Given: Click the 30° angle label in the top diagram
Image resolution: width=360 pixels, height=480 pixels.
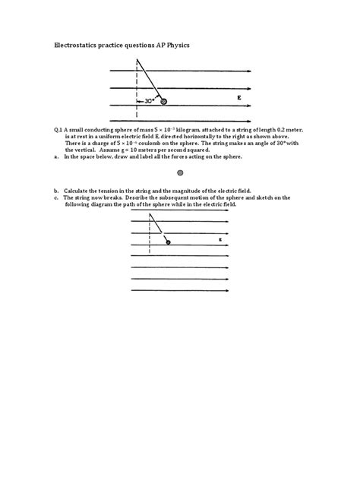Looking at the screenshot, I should coord(144,99).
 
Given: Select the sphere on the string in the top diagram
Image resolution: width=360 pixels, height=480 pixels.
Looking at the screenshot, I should coord(163,99).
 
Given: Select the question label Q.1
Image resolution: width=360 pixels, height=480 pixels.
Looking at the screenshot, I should coord(58,131).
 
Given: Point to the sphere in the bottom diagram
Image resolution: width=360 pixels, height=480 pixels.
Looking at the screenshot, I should coord(168,242).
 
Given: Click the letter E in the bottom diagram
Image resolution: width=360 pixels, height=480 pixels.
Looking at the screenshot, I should coord(220,241).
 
